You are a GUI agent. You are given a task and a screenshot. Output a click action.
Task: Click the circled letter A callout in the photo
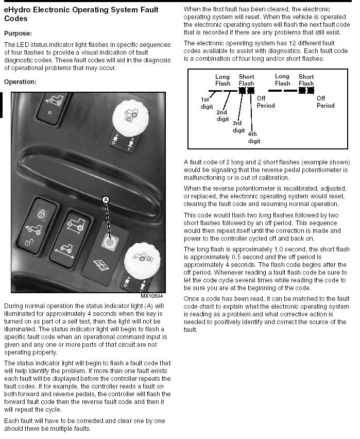point(106,199)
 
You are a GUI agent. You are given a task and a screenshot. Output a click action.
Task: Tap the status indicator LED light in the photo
point(109,241)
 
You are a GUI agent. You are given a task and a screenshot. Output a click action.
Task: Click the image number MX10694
point(151,296)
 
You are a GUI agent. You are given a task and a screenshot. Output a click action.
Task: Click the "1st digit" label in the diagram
point(207,103)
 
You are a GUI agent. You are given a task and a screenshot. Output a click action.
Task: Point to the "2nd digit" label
point(222,115)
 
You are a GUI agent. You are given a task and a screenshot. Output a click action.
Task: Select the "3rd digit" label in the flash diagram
point(238,127)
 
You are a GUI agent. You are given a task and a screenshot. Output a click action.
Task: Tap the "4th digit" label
point(254,138)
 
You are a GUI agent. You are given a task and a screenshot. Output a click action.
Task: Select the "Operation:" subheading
point(20,81)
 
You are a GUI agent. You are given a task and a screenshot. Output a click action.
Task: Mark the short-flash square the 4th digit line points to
point(251,90)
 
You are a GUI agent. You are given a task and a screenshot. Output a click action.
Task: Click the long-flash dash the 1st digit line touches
point(215,91)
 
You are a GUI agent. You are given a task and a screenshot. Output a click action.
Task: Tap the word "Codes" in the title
point(15,18)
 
